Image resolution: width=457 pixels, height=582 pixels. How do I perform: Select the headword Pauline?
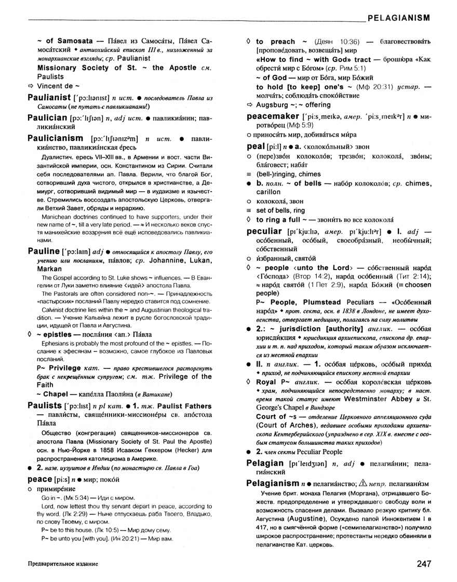point(42,251)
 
